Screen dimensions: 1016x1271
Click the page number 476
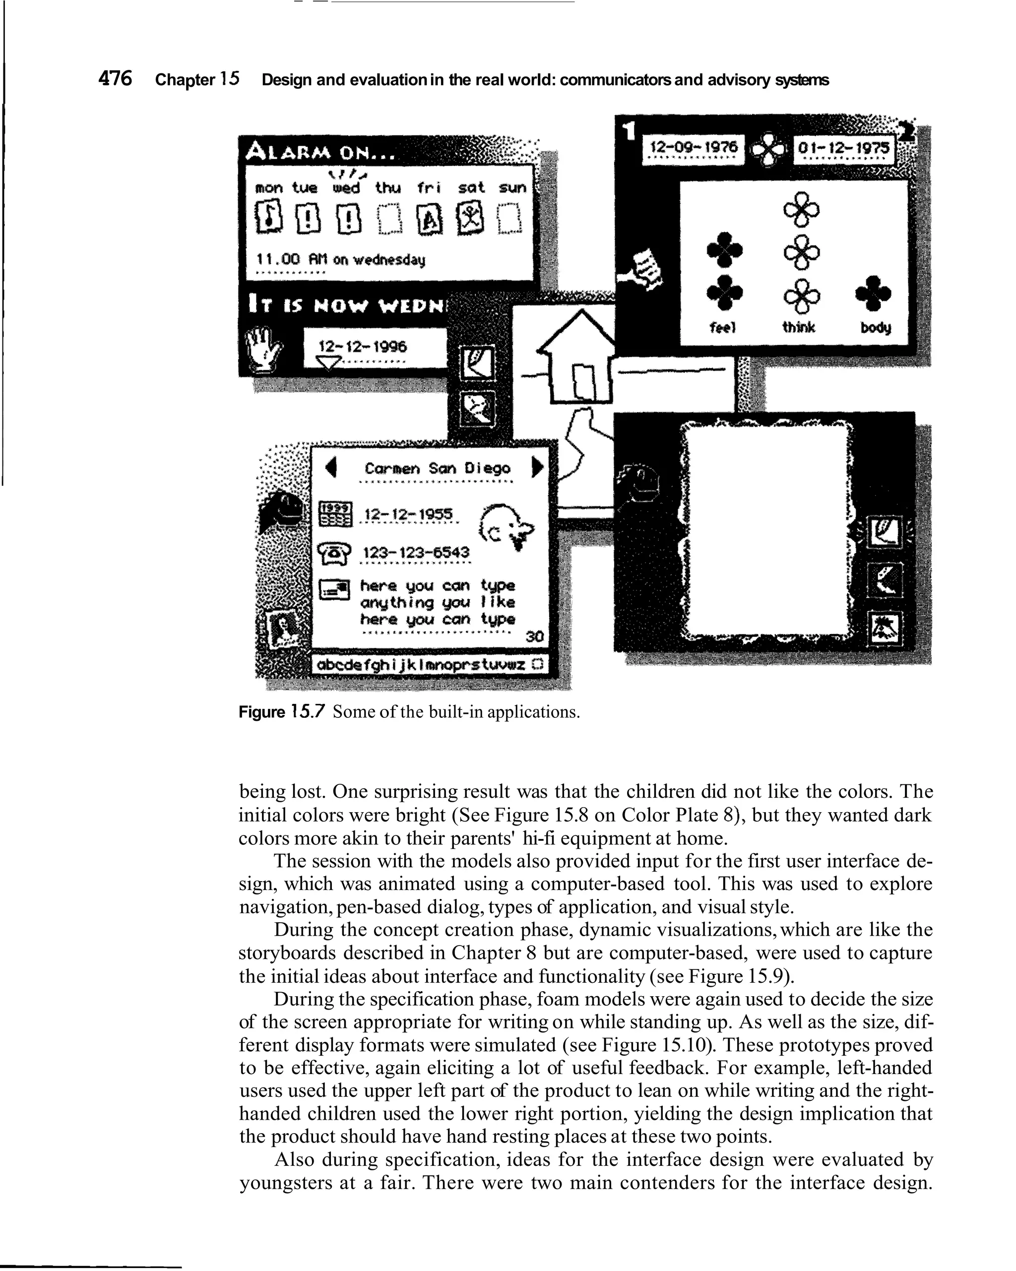[116, 78]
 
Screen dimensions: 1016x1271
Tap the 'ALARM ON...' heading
[322, 153]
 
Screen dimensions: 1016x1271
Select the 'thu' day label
[388, 188]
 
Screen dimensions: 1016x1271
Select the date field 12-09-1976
[693, 147]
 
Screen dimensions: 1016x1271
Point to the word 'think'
[798, 326]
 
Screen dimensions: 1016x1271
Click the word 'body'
[876, 327]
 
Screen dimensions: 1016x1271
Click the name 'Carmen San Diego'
[437, 469]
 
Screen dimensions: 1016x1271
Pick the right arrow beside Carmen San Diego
[537, 467]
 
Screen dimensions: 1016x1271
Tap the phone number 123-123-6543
[416, 553]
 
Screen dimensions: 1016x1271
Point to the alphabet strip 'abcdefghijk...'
[422, 665]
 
